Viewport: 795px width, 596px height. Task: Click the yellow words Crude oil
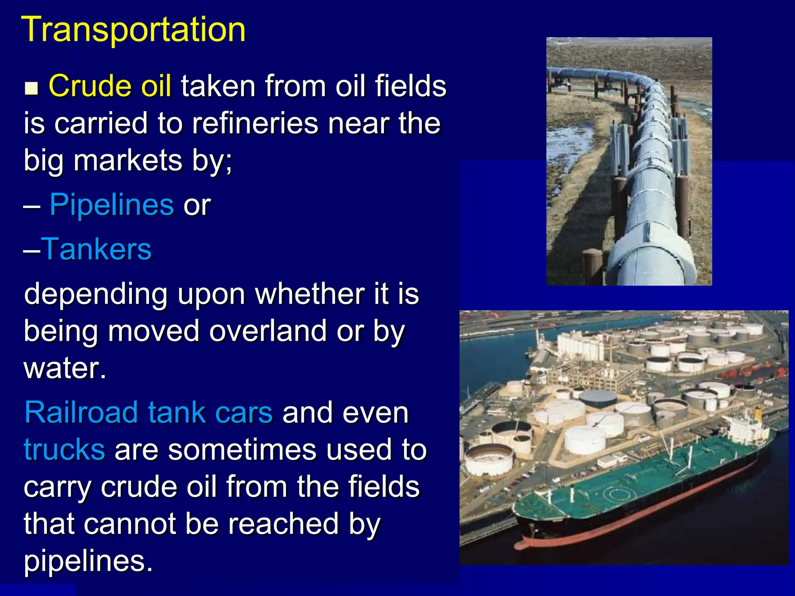[110, 86]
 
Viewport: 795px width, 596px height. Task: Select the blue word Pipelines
[111, 204]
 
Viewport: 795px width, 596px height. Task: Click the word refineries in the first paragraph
[255, 123]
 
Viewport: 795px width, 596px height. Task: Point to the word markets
[128, 160]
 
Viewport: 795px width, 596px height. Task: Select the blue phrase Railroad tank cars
[148, 412]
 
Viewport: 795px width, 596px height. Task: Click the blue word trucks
[64, 449]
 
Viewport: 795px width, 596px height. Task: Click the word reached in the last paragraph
[283, 524]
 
